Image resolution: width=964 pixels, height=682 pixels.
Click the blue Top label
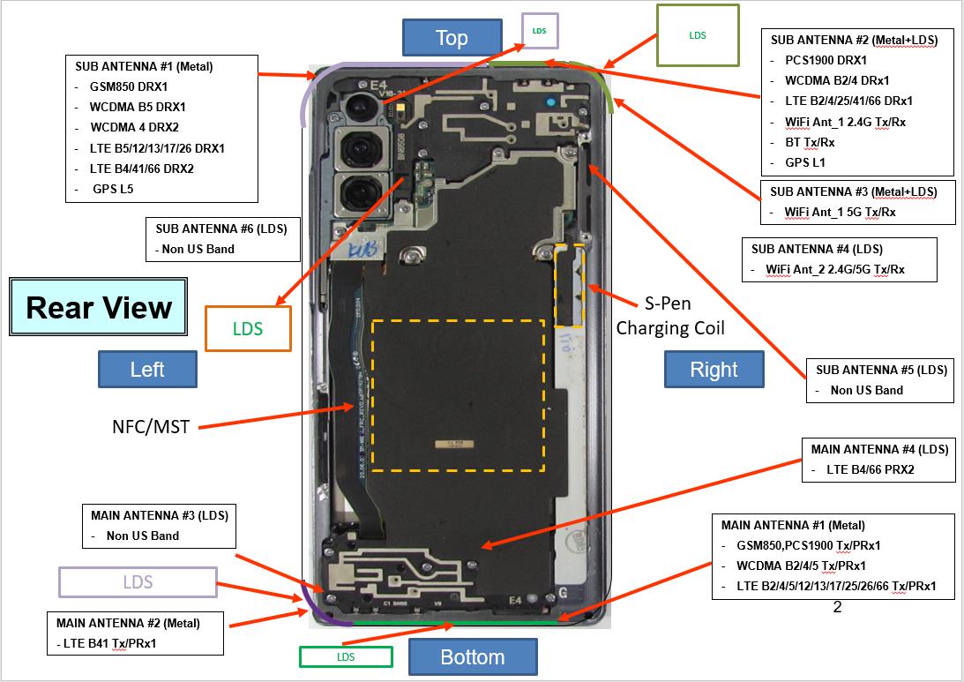coord(451,38)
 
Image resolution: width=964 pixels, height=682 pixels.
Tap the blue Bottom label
coord(473,657)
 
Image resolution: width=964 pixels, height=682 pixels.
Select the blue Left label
coord(146,369)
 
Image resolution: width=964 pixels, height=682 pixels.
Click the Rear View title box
coord(98,307)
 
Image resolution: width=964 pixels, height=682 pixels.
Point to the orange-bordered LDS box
coord(248,328)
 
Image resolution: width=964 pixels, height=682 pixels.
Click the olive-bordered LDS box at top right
coord(697,35)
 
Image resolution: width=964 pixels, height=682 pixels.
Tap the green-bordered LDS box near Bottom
coord(345,656)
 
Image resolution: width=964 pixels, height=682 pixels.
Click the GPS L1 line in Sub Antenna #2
coord(805,162)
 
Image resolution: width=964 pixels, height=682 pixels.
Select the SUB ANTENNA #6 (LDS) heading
coord(221,229)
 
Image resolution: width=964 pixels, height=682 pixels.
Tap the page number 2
coord(837,607)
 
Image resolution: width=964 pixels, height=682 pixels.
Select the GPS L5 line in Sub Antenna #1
coord(113,188)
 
